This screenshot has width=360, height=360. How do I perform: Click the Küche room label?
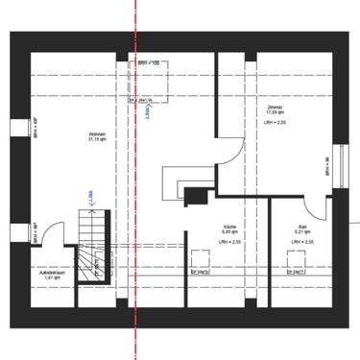pos(229,226)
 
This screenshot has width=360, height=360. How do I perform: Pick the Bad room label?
pos(300,226)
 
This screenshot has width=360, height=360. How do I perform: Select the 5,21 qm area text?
pos(300,232)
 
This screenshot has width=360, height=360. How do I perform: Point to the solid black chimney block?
pos(199,198)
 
